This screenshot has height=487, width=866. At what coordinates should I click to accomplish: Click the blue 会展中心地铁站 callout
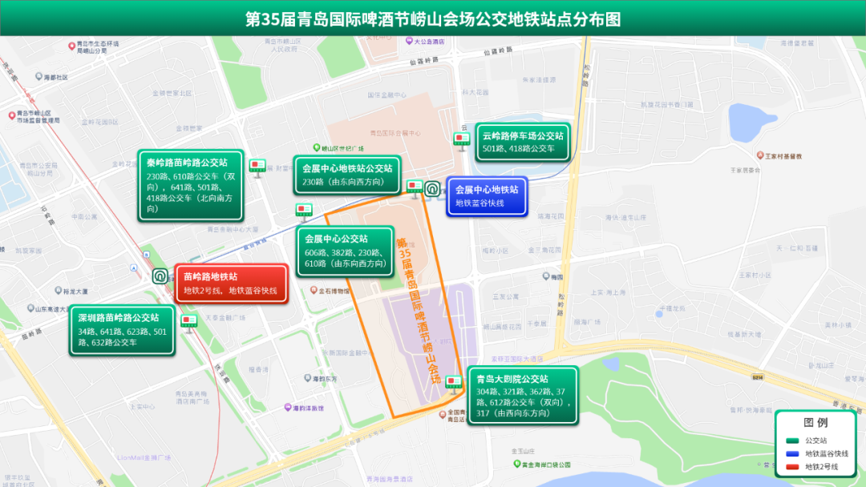pyautogui.click(x=487, y=196)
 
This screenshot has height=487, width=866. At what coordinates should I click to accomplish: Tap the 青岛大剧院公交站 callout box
pyautogui.click(x=523, y=396)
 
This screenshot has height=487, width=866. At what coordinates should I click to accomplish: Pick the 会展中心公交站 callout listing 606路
pyautogui.click(x=346, y=251)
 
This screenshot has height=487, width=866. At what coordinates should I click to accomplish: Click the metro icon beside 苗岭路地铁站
pyautogui.click(x=160, y=276)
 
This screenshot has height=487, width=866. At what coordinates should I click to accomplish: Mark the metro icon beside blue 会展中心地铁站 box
pyautogui.click(x=432, y=190)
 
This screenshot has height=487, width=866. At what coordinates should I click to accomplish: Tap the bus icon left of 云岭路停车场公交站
pyautogui.click(x=463, y=141)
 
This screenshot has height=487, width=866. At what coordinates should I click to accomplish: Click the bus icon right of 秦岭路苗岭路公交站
pyautogui.click(x=257, y=167)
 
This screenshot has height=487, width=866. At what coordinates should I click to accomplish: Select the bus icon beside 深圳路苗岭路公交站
pyautogui.click(x=189, y=321)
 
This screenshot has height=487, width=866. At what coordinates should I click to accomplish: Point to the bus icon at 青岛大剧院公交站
pyautogui.click(x=454, y=384)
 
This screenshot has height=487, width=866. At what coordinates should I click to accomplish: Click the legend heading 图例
pyautogui.click(x=815, y=422)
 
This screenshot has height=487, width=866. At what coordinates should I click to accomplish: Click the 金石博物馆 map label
pyautogui.click(x=335, y=291)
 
